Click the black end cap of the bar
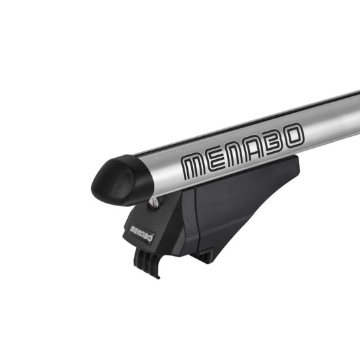click(115, 178)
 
